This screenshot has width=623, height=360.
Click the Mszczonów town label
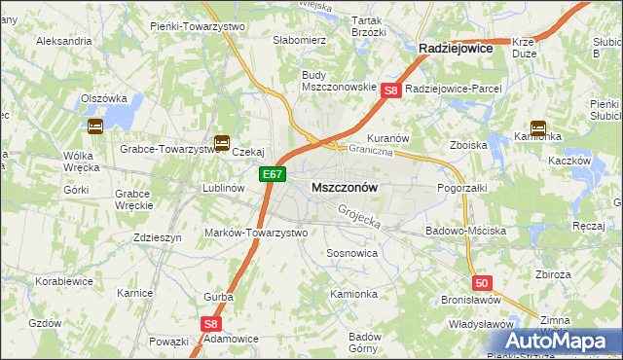[344, 186]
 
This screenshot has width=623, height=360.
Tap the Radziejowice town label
[455, 47]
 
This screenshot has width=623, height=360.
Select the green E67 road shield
[273, 175]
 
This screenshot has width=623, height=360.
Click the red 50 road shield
[482, 282]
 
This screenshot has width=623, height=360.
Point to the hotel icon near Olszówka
[95, 126]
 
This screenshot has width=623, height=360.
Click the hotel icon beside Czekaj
[222, 143]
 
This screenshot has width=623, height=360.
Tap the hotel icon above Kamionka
[537, 126]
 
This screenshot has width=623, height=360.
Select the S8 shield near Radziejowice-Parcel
[390, 90]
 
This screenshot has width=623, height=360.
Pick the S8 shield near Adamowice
[211, 325]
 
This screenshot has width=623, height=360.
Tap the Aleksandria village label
[63, 42]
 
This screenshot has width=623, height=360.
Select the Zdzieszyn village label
[157, 237]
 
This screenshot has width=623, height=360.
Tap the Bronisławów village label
[470, 301]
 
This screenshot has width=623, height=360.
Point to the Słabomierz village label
[272, 41]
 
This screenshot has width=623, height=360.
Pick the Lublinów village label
[221, 187]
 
